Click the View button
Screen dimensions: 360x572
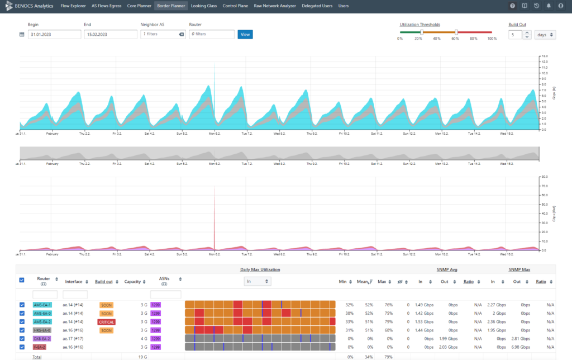pyautogui.click(x=245, y=34)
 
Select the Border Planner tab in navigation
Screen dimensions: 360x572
pyautogui.click(x=170, y=6)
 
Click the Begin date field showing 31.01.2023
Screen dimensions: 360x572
pyautogui.click(x=54, y=34)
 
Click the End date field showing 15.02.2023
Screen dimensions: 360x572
pyautogui.click(x=111, y=34)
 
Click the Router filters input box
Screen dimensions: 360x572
pyautogui.click(x=211, y=34)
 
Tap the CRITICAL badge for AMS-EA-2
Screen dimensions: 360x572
pyautogui.click(x=106, y=322)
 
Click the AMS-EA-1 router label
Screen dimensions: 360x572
pyautogui.click(x=42, y=305)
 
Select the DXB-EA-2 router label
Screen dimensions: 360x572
pyautogui.click(x=42, y=339)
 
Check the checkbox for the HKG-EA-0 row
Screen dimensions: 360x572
pyautogui.click(x=22, y=330)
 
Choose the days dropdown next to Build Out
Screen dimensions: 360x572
pyautogui.click(x=545, y=35)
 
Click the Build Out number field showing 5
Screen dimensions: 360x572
pyautogui.click(x=515, y=35)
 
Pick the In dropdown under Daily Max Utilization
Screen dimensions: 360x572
pyautogui.click(x=258, y=282)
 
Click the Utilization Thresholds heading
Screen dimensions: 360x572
pyautogui.click(x=420, y=25)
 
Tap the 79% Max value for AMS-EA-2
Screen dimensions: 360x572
pyautogui.click(x=382, y=322)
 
